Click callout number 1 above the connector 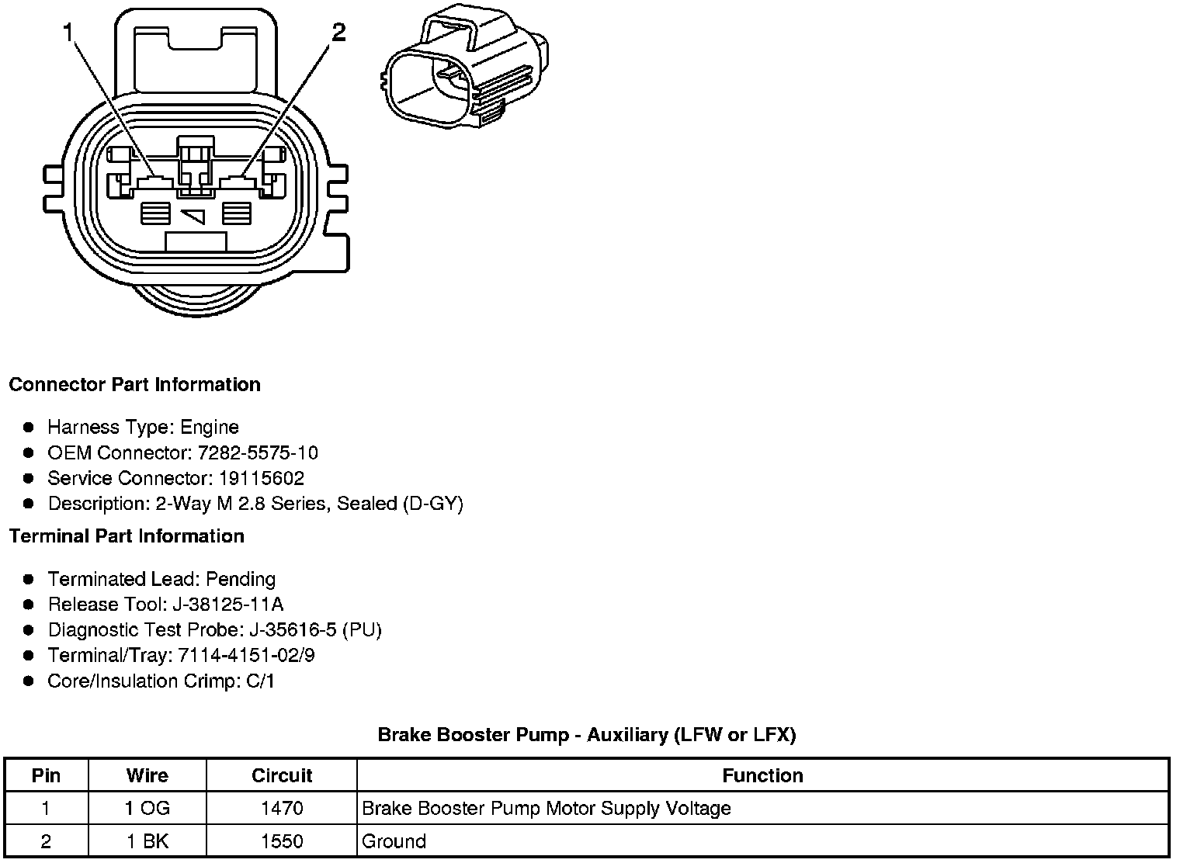69,33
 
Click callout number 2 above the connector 338,33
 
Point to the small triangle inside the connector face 195,216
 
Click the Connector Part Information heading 134,385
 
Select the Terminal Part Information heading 127,536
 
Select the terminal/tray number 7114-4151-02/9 246,655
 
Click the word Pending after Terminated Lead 241,579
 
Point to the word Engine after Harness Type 210,427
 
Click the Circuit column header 282,775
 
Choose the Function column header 762,775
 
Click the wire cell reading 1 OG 147,809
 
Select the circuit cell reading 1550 282,841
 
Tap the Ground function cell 394,841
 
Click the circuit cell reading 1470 282,809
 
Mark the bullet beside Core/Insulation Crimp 29,681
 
